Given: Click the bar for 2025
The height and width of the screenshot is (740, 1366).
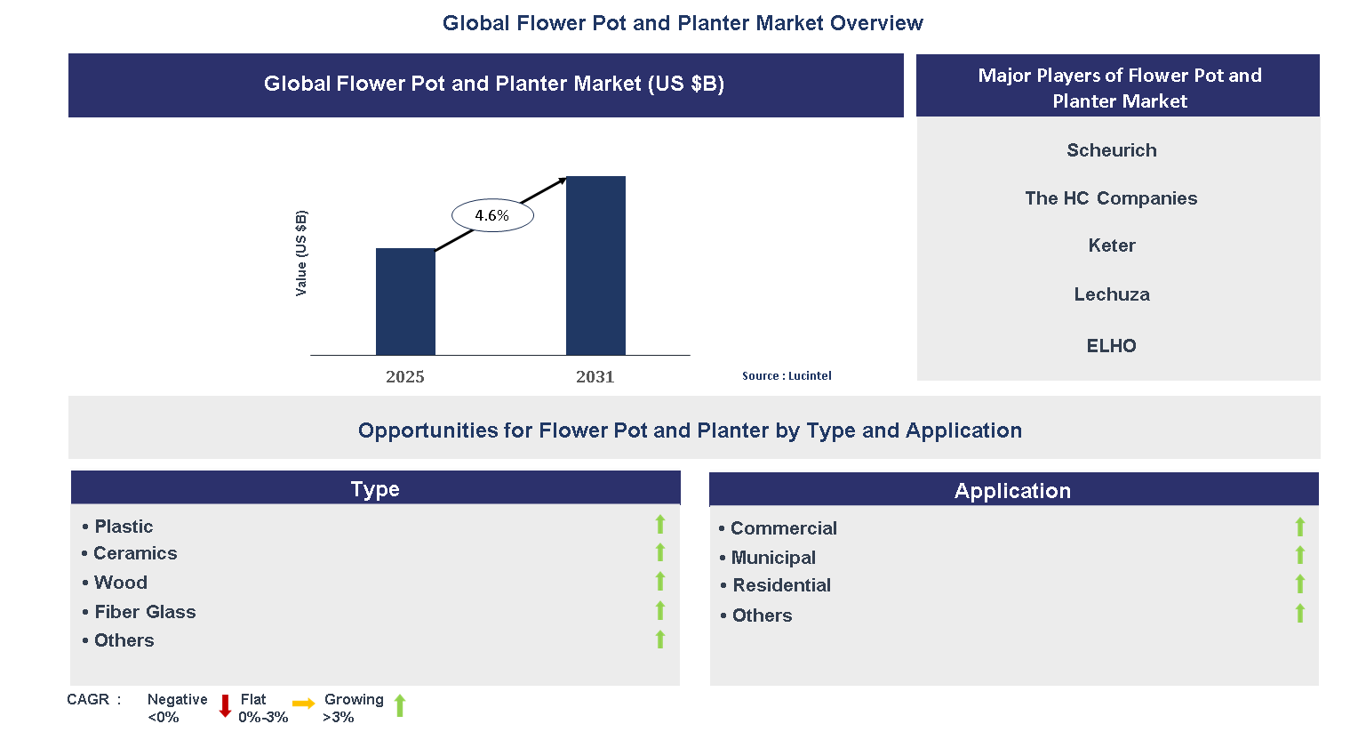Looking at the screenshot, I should [405, 302].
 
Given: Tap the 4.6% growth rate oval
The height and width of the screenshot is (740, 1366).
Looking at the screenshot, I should [492, 215].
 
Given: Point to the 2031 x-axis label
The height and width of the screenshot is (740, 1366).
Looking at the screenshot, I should [595, 376].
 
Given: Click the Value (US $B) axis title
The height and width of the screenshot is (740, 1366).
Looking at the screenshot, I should [301, 253].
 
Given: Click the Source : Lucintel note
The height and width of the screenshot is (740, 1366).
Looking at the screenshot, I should [787, 375].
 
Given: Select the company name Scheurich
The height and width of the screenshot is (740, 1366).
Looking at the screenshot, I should [1111, 150].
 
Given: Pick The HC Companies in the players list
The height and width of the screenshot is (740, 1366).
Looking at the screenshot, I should [1110, 198].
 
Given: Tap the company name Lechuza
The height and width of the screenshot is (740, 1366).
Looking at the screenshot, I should [1111, 294].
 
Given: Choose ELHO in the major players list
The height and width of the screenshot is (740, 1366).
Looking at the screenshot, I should [1111, 346].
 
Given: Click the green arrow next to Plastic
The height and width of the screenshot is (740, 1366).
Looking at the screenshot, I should [660, 525].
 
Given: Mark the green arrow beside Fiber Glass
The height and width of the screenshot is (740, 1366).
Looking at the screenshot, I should [660, 610].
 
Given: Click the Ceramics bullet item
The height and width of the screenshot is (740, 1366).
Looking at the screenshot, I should [135, 553].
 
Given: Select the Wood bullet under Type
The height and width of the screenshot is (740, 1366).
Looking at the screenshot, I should [120, 583].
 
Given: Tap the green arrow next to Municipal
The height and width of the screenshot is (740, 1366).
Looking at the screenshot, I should [1299, 556].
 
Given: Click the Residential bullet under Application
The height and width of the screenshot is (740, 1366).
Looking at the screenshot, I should [781, 585].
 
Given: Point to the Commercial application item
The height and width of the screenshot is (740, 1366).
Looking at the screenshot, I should [783, 528].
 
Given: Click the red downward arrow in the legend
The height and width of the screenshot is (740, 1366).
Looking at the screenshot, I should [225, 706].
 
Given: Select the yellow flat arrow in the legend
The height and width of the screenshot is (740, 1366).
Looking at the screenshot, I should [304, 704].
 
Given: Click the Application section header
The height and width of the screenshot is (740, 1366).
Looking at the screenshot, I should [1012, 491].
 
